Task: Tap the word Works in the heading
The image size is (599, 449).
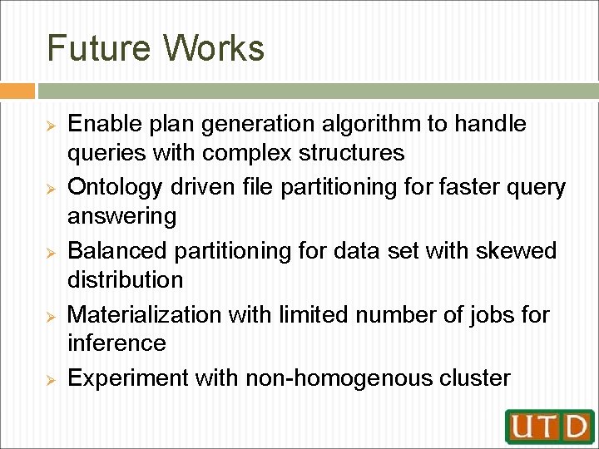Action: [214, 48]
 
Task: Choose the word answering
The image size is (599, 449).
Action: [121, 216]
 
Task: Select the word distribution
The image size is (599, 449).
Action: [125, 279]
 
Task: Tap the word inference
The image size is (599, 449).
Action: [116, 343]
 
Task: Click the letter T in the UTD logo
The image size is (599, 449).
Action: [550, 426]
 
